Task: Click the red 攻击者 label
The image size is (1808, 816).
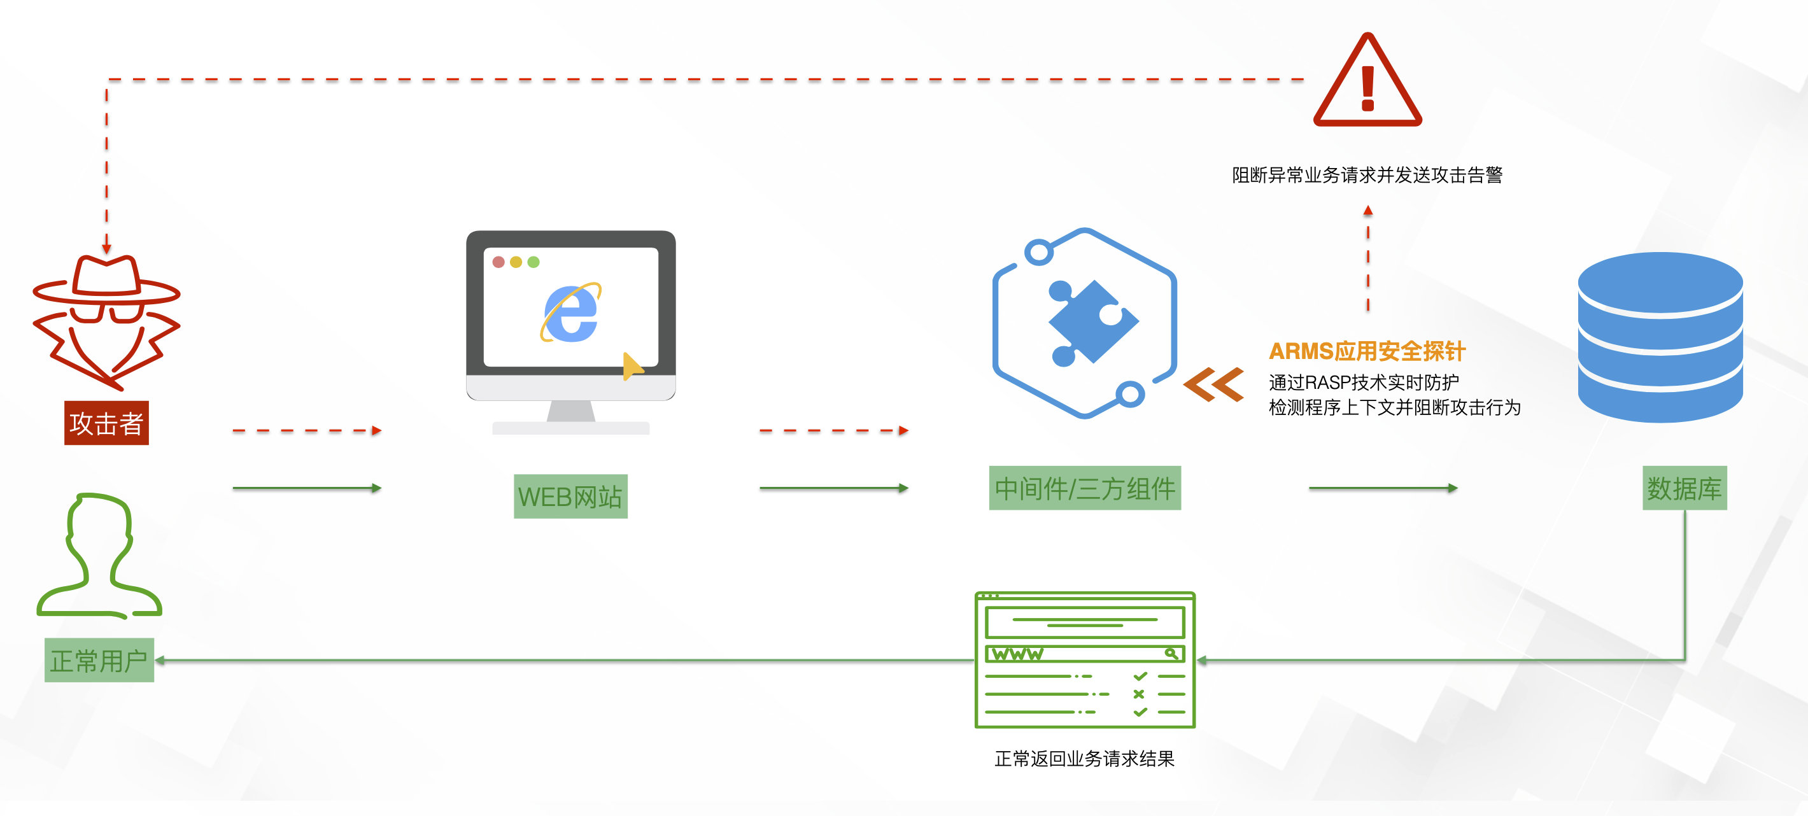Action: (106, 423)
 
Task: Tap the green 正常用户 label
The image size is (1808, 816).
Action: (99, 660)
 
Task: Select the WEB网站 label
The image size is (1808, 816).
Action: (570, 496)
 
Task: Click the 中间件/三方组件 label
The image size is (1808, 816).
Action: (1084, 488)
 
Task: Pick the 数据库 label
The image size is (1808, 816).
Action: (1684, 488)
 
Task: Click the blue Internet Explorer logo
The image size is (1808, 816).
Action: (570, 313)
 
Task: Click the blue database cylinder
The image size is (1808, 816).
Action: (1660, 337)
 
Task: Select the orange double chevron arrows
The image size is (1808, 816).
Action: (1213, 384)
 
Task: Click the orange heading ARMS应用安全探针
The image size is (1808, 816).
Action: (1367, 351)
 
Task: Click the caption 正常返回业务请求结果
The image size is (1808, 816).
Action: (1084, 759)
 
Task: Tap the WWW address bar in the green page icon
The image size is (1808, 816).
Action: (1084, 654)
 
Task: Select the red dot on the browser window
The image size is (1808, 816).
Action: (498, 262)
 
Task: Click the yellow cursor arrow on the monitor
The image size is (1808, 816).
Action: (632, 365)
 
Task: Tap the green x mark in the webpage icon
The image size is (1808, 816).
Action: (1138, 694)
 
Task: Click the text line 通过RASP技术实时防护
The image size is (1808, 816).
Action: (1363, 383)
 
